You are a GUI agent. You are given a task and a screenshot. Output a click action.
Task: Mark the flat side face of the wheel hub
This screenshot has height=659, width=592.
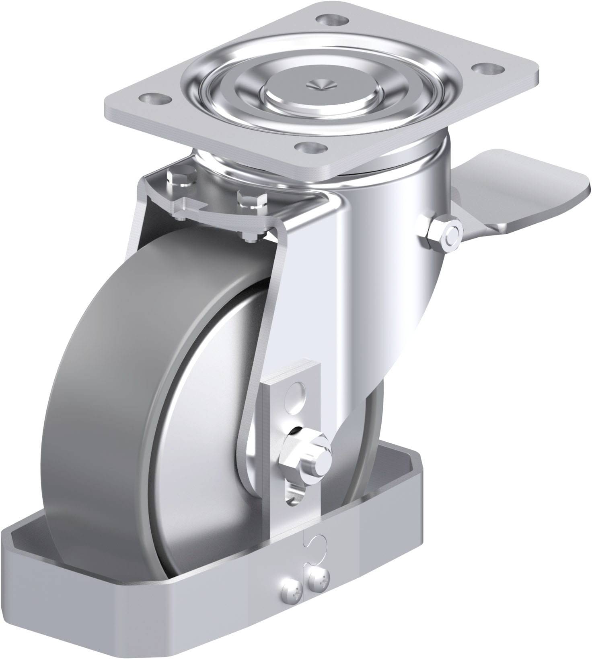coord(201,462)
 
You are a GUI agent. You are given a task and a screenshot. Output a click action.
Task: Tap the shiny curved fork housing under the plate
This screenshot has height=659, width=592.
coord(382,261)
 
